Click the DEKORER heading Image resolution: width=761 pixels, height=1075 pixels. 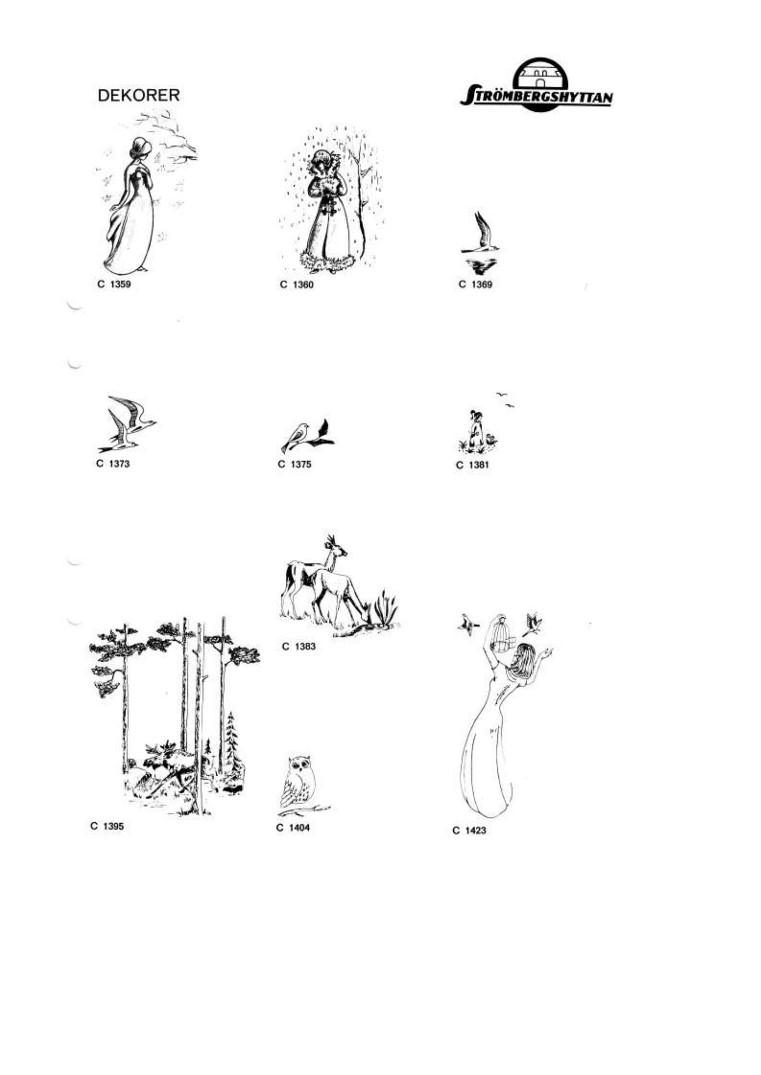138,96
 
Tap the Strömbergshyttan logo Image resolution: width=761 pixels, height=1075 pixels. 536,85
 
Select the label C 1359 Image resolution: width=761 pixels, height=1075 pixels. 114,284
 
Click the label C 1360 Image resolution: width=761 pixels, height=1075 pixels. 297,284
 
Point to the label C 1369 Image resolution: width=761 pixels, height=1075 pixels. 476,284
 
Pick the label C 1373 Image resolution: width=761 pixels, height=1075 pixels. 113,464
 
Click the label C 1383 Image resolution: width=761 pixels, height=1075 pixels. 299,646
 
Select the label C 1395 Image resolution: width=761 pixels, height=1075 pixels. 107,826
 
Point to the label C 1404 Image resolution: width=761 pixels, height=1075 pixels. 294,827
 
